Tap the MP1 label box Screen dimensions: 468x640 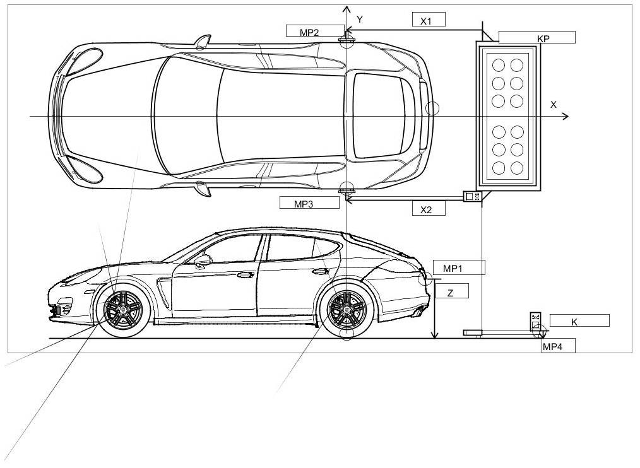click(x=458, y=267)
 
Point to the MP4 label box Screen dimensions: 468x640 click(x=558, y=346)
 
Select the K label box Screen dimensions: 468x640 click(x=579, y=321)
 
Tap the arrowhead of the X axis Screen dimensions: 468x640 click(x=566, y=116)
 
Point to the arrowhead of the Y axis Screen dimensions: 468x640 click(x=346, y=9)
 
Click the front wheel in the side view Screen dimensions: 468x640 click(x=123, y=308)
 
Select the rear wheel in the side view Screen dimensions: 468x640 click(x=346, y=308)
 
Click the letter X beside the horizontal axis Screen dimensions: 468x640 click(x=554, y=105)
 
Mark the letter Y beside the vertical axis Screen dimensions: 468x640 click(x=360, y=20)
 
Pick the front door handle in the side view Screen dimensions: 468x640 click(x=244, y=275)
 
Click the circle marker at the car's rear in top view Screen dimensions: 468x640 click(x=432, y=108)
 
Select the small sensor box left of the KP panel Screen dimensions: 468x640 click(x=471, y=197)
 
